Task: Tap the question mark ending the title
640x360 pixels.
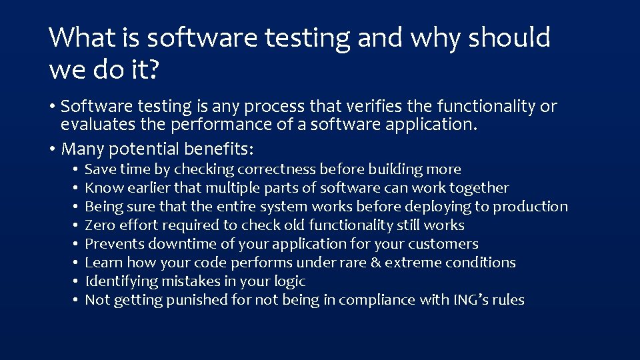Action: pyautogui.click(x=153, y=69)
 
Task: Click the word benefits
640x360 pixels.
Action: pyautogui.click(x=217, y=148)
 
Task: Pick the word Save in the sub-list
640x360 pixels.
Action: pyautogui.click(x=100, y=169)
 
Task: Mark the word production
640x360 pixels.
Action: pyautogui.click(x=531, y=207)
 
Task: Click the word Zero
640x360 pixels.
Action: pyautogui.click(x=100, y=225)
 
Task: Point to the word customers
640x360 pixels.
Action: pyautogui.click(x=443, y=244)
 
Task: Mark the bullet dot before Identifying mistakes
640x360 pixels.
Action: pyautogui.click(x=78, y=282)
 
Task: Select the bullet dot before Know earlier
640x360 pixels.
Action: pyautogui.click(x=78, y=189)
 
